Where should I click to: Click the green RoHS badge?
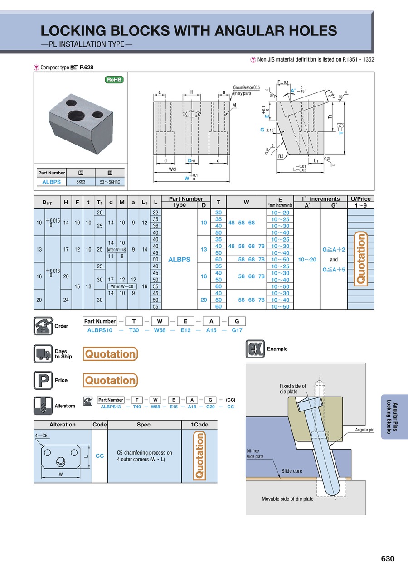(114, 80)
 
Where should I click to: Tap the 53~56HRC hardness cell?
(110, 182)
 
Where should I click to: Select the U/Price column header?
(360, 199)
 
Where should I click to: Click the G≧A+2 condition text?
(334, 250)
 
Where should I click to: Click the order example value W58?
(159, 330)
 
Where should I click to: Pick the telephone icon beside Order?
(42, 326)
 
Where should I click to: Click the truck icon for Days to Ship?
(42, 354)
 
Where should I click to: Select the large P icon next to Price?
(42, 380)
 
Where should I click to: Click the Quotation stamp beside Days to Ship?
(110, 354)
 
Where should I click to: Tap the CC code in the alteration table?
(100, 456)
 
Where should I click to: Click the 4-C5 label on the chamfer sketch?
(41, 436)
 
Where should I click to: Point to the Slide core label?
(291, 471)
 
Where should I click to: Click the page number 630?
(388, 559)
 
